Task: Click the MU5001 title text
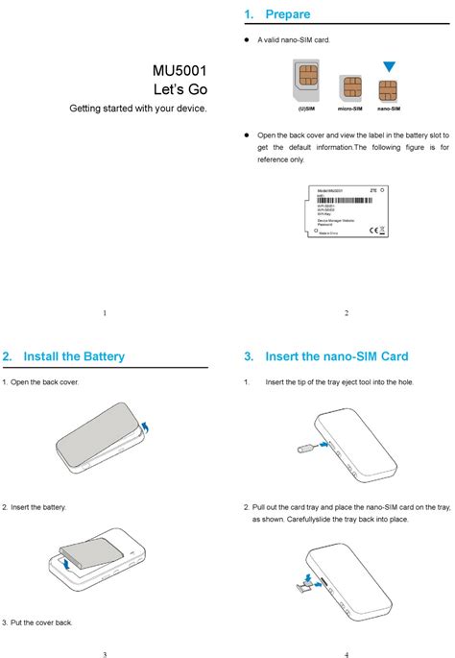(180, 71)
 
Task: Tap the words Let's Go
(180, 89)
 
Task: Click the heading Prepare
(287, 14)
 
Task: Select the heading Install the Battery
(74, 356)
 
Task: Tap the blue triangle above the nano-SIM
(388, 67)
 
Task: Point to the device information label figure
(347, 210)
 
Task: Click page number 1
(104, 313)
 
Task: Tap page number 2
(346, 313)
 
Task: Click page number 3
(104, 654)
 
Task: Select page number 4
(346, 654)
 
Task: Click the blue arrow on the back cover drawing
(145, 426)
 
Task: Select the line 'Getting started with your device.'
(137, 109)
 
